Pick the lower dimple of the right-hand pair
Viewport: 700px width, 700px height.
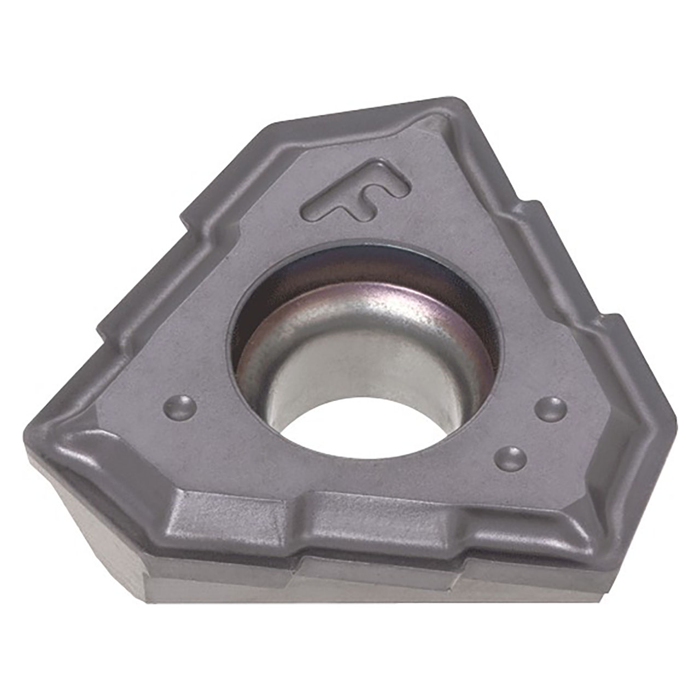pos(511,458)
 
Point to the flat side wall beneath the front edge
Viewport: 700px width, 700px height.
pos(383,585)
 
